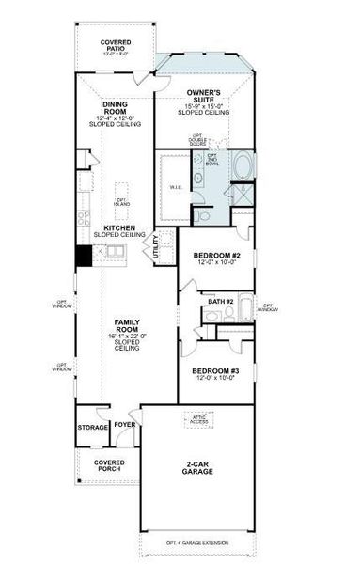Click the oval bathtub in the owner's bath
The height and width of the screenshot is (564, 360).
click(x=243, y=170)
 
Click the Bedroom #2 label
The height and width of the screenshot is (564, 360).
click(x=217, y=256)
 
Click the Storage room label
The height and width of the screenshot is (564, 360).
click(x=93, y=428)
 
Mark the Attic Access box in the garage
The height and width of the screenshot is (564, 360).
click(x=197, y=420)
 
